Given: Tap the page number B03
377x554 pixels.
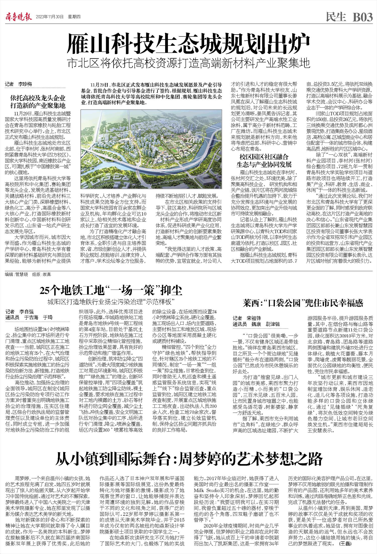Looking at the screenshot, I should tap(362, 17).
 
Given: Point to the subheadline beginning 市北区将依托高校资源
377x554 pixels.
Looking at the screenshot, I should tap(188, 64).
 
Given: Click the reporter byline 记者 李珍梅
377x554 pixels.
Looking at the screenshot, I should tap(19, 84).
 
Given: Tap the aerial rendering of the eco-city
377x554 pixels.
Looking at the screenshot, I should tap(151, 149).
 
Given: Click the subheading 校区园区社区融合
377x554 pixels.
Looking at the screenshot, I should tap(264, 157).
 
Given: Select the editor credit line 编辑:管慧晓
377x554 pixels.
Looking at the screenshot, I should tap(17, 274).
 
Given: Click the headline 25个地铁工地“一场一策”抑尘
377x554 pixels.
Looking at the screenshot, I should tap(111, 291).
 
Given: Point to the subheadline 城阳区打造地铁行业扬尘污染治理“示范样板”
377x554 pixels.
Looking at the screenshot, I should tap(111, 302).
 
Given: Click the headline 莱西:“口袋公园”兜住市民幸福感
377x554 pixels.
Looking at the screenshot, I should tap(303, 303).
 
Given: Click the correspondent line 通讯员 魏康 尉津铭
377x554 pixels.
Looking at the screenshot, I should tap(256, 324).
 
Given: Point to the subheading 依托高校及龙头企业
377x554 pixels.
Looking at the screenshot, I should tap(38, 98).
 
